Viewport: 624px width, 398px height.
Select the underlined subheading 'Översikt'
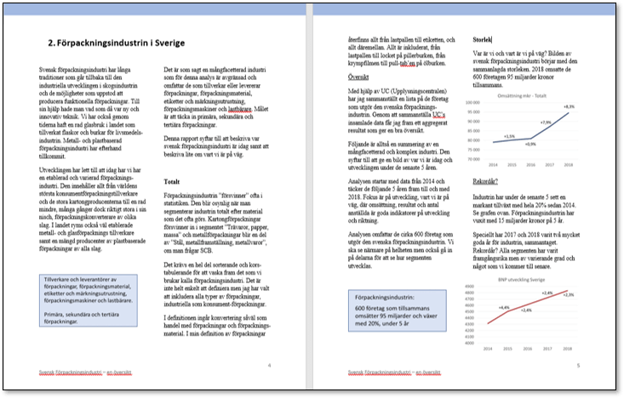click(x=363, y=77)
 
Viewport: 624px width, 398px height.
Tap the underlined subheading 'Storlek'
click(x=483, y=40)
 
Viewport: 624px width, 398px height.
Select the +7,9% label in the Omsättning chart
click(x=546, y=122)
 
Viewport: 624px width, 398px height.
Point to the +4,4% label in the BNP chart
click(x=504, y=307)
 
